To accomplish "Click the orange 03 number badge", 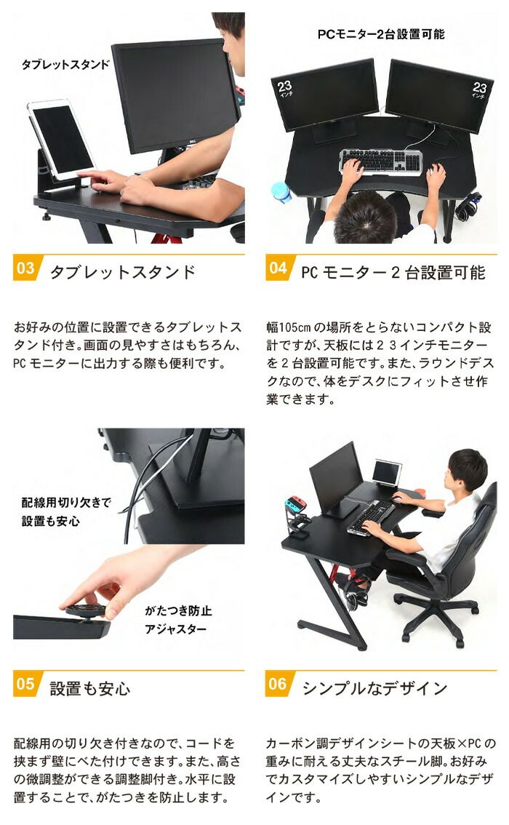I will click(26, 268).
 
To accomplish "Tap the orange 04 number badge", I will click(278, 268).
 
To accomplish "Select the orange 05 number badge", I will click(26, 684).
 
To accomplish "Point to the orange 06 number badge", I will click(278, 684).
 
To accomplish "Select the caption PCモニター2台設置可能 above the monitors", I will click(380, 33).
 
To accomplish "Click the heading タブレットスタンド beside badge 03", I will click(122, 272).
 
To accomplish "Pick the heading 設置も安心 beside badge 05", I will click(89, 687).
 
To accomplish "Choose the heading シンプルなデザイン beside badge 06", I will click(374, 687).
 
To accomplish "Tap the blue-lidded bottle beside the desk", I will click(281, 192).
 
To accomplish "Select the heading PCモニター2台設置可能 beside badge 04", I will click(393, 272).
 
